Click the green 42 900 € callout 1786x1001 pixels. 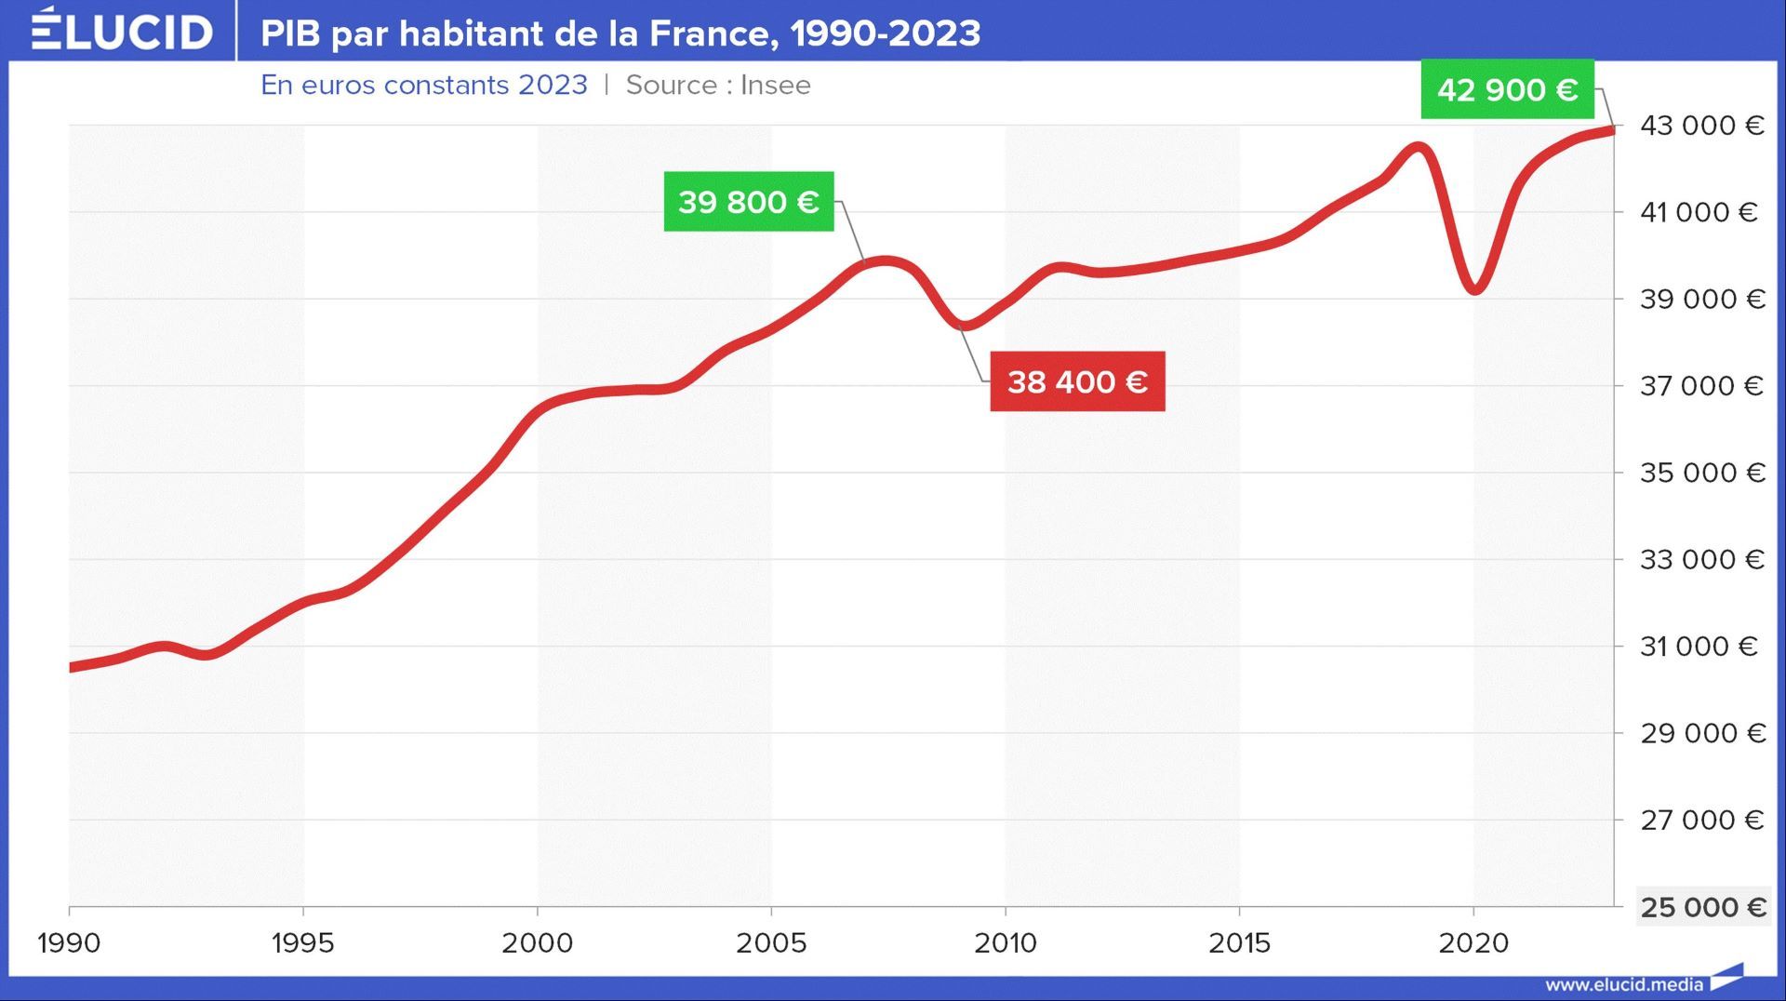[x=1507, y=89]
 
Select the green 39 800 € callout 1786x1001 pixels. [x=748, y=201]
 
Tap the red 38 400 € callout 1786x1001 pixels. [x=1077, y=381]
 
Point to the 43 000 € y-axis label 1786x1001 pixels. [x=1701, y=126]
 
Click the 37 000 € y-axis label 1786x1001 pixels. [x=1701, y=386]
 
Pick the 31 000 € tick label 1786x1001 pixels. [x=1699, y=647]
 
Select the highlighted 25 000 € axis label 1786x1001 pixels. [x=1702, y=907]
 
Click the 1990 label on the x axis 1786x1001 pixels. [x=69, y=943]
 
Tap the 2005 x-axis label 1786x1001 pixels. [x=771, y=943]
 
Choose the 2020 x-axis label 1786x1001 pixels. [x=1473, y=943]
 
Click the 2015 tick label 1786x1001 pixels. [x=1239, y=943]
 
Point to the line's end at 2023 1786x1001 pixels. [x=1612, y=131]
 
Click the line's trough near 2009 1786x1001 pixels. [x=965, y=326]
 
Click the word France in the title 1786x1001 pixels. [x=709, y=33]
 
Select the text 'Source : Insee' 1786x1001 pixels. [x=718, y=85]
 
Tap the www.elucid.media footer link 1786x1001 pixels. [x=1624, y=984]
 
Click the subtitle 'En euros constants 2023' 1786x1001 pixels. [x=424, y=85]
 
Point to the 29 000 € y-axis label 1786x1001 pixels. [x=1702, y=733]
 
